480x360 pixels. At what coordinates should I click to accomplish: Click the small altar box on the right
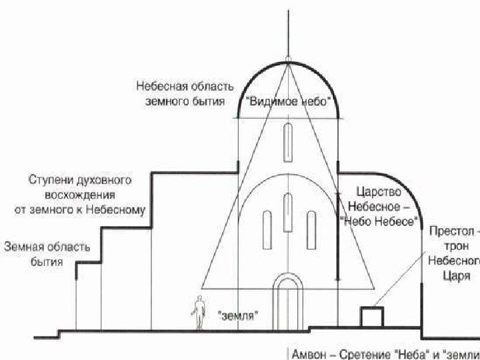point(371,316)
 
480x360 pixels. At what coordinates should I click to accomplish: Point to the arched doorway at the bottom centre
point(288,303)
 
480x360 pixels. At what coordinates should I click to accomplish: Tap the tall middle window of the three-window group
point(288,212)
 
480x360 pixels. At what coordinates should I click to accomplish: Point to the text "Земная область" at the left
point(47,247)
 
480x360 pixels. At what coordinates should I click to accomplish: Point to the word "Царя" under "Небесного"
point(457,275)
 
